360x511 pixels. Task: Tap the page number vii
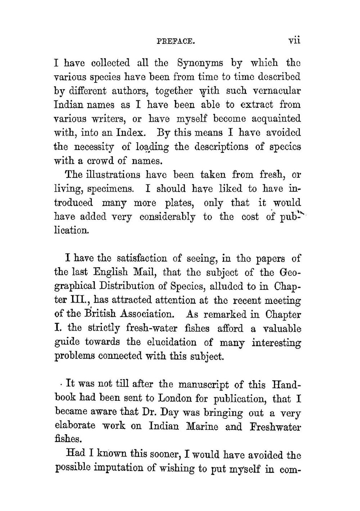click(294, 40)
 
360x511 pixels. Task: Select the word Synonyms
click(201, 63)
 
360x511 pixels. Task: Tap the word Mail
click(145, 272)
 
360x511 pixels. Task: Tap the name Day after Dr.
click(169, 413)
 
